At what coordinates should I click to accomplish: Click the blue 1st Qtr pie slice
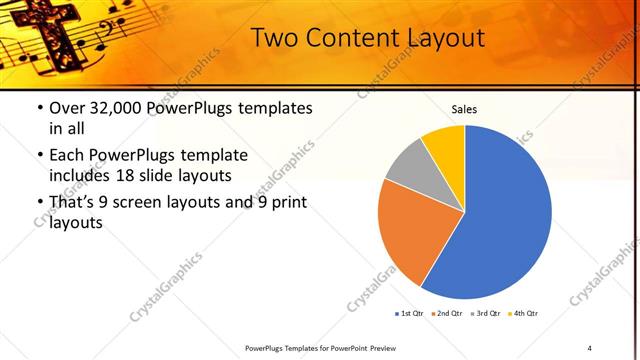click(x=500, y=220)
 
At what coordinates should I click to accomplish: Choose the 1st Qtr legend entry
click(x=410, y=314)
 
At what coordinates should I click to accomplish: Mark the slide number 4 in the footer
click(x=590, y=347)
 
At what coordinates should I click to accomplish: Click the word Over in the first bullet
click(x=65, y=108)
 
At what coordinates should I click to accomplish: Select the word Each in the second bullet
click(x=66, y=155)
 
